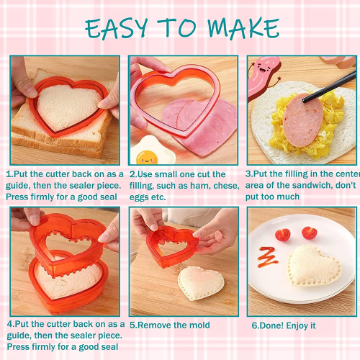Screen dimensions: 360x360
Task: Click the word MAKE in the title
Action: tap(243, 28)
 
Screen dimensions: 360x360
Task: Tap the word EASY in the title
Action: tap(116, 28)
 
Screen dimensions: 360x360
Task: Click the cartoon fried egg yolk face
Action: tap(147, 158)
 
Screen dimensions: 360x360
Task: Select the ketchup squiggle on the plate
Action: tap(268, 257)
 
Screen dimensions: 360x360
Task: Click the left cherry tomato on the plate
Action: tap(283, 235)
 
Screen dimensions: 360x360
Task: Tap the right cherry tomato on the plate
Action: tap(310, 233)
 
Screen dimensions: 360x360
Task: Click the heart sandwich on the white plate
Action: tap(314, 266)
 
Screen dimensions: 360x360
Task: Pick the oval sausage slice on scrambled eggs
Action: tap(303, 120)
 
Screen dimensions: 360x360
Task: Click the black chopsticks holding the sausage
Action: tap(329, 87)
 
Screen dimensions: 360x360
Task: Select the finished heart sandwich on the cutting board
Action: tap(201, 283)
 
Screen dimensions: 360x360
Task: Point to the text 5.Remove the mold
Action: tap(170, 325)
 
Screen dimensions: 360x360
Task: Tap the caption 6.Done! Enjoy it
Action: tap(284, 325)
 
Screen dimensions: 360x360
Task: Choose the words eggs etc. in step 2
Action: tap(148, 197)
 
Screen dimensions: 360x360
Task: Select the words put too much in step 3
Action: tap(272, 197)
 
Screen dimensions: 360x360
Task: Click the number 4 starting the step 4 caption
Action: tap(9, 324)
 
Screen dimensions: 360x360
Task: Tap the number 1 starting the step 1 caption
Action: tap(8, 174)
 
